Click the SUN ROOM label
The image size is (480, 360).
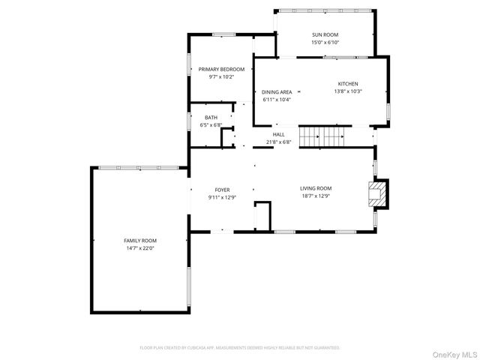coord(325,35)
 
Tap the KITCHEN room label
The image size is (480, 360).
coord(347,84)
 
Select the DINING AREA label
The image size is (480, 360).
coord(277,91)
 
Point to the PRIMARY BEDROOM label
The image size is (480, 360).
coord(222,69)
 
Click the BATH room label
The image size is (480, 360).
coord(211,118)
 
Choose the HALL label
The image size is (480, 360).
coord(278,134)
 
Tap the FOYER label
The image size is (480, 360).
coord(222,190)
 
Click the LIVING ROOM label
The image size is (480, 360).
coord(316,188)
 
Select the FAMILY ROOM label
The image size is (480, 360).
coord(140,240)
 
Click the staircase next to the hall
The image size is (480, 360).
coord(321,136)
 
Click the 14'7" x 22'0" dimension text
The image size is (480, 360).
coord(140,247)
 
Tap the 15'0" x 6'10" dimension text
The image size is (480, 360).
coord(325,43)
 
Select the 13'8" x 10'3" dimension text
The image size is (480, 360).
coord(347,91)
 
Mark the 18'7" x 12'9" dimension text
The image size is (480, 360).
coord(316,196)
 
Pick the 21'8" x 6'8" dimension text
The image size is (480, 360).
coord(278,142)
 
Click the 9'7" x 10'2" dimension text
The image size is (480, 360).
coord(222,76)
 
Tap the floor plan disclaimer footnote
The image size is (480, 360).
coord(239,347)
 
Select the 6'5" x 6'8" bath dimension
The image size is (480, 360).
coord(211,125)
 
